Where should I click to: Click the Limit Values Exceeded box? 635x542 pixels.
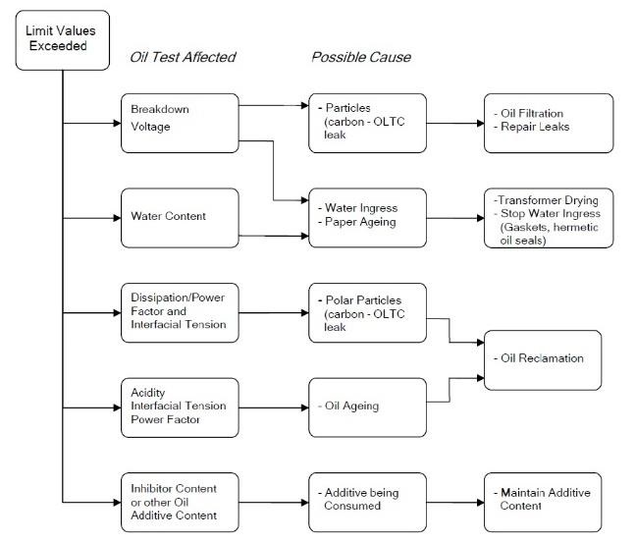[63, 40]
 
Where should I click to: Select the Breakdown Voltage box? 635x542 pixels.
[180, 123]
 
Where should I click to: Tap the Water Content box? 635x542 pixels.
[180, 218]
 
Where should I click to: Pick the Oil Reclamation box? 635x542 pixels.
[543, 360]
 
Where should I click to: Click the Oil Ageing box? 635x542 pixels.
[367, 407]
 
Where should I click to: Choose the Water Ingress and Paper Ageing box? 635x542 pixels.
[367, 218]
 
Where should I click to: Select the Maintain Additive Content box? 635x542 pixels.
[543, 503]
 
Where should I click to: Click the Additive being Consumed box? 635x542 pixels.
[367, 503]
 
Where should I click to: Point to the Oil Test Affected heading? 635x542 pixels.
[183, 57]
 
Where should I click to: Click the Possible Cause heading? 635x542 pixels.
[361, 57]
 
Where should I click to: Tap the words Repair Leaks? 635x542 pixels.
[535, 127]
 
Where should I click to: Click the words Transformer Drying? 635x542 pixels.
[548, 200]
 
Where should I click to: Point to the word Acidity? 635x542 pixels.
[148, 393]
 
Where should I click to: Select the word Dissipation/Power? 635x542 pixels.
[178, 298]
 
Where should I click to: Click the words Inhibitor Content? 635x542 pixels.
[174, 489]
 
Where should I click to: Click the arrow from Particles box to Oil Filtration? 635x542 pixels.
[455, 123]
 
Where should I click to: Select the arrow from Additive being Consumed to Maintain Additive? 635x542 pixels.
[455, 503]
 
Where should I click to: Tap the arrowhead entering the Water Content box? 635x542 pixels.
[117, 218]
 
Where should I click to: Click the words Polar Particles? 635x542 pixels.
[363, 300]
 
